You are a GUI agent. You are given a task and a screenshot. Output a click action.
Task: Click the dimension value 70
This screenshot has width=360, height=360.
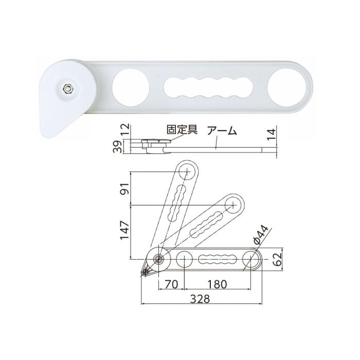pyautogui.click(x=171, y=283)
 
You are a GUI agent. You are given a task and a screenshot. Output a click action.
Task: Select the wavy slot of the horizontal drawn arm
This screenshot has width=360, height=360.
pyautogui.click(x=217, y=259)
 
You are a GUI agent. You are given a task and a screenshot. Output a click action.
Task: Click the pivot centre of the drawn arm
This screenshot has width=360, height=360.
pyautogui.click(x=159, y=259)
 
